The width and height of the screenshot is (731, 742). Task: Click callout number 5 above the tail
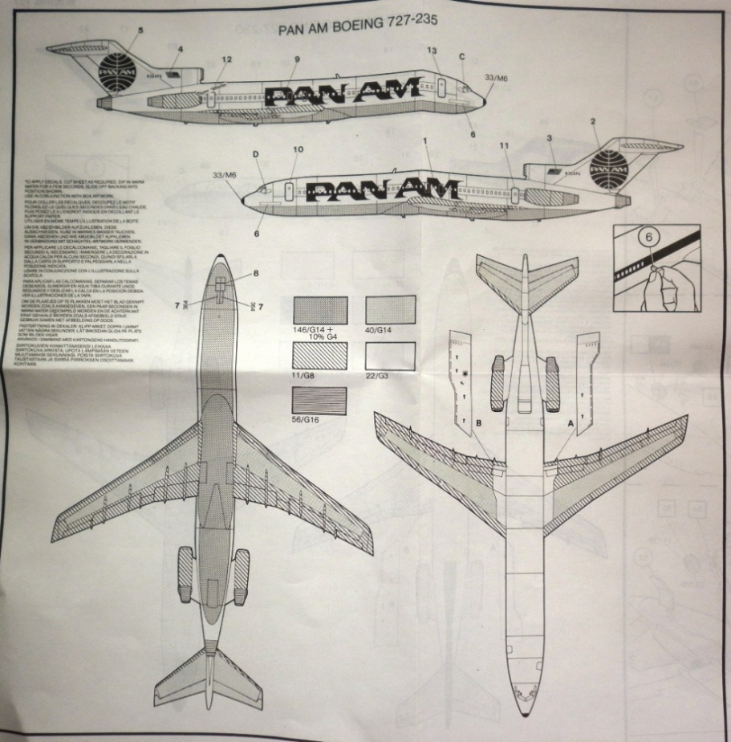[x=140, y=31]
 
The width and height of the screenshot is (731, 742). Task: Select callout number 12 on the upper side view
[x=227, y=59]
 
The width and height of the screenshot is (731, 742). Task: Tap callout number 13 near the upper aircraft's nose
[x=432, y=51]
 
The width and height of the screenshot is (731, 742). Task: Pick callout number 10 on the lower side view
[x=298, y=149]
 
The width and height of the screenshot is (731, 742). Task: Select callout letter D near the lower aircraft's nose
[x=256, y=153]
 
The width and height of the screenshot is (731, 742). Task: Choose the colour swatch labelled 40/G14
[x=390, y=310]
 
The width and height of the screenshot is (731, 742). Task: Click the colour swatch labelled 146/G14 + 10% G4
[x=320, y=310]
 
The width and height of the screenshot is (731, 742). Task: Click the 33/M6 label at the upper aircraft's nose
[x=497, y=77]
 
